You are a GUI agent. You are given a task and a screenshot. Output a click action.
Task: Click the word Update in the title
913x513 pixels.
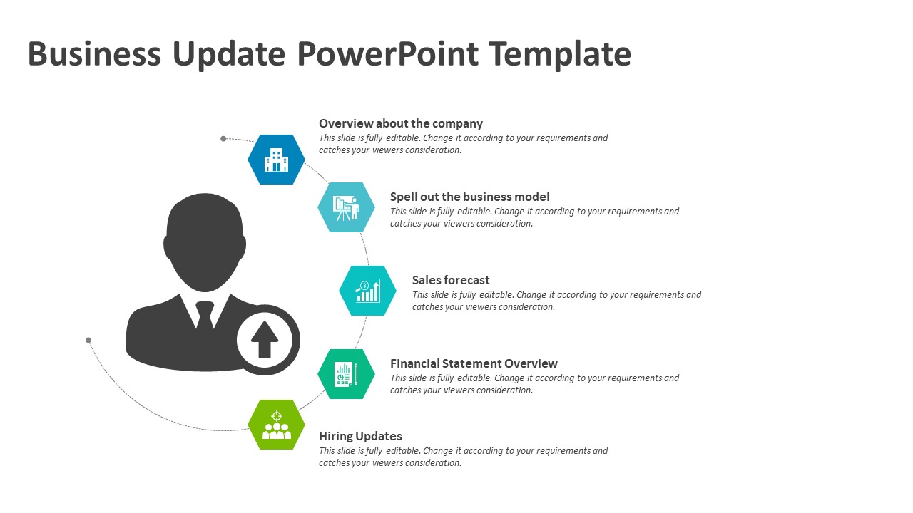point(229,55)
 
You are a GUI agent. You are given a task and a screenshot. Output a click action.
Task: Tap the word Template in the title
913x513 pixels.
point(560,55)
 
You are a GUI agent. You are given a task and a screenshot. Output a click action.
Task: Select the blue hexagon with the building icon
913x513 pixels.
point(276,160)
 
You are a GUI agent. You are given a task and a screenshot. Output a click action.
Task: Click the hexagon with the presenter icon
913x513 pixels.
point(347,207)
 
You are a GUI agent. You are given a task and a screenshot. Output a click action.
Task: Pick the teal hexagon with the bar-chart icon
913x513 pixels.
point(367,291)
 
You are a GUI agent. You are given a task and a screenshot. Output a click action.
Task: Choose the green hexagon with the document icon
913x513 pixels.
point(347,374)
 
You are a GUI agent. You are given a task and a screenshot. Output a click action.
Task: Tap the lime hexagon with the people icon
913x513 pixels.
point(276,425)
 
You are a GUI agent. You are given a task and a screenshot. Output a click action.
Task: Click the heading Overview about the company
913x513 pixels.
point(401,123)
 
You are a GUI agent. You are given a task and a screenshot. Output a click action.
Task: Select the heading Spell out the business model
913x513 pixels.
point(469,197)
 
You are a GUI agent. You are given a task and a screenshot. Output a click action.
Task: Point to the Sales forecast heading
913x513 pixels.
point(451,280)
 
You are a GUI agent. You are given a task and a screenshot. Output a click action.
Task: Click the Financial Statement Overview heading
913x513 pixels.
point(474,363)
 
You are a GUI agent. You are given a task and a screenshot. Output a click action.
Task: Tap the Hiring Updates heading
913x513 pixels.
point(360,437)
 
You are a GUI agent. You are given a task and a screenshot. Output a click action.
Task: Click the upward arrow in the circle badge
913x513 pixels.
point(265,340)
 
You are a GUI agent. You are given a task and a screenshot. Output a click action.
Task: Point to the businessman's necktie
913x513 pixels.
point(205,316)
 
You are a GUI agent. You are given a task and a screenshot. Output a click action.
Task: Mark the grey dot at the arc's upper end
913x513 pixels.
point(223,139)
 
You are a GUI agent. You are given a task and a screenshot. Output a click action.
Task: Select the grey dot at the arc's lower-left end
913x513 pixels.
point(88,340)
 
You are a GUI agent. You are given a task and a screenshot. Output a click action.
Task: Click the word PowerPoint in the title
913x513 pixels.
point(387,55)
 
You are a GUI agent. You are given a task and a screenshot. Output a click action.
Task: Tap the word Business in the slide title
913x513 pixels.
point(95,54)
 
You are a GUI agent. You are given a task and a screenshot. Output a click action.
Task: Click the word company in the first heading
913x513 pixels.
point(458,124)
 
